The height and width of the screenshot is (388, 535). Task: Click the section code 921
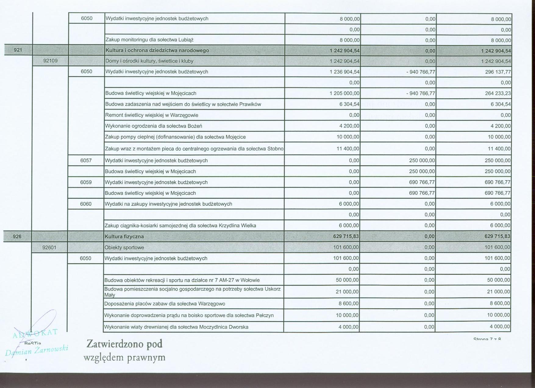[x=18, y=50]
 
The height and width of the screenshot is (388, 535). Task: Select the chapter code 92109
[x=50, y=61]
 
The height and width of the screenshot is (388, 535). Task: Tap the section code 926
[x=17, y=236]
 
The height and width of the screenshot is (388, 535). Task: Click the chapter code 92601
[x=49, y=247]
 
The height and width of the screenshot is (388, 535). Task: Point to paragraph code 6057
[x=86, y=160]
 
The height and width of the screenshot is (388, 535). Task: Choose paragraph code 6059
[x=86, y=182]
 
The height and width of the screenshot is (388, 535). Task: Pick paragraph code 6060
[x=86, y=204]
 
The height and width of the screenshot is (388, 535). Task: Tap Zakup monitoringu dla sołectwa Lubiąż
[x=149, y=40]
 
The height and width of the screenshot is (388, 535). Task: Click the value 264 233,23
[x=498, y=93]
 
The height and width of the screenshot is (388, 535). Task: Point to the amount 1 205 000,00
[x=344, y=93]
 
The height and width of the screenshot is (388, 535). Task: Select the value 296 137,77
[x=498, y=72]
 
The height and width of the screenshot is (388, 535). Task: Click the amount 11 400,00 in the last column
[x=499, y=149]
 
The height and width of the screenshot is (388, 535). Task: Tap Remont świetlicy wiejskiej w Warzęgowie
[x=152, y=115]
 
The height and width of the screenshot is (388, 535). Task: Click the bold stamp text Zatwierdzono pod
[x=124, y=344]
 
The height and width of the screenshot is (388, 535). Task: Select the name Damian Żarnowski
[x=37, y=351]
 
